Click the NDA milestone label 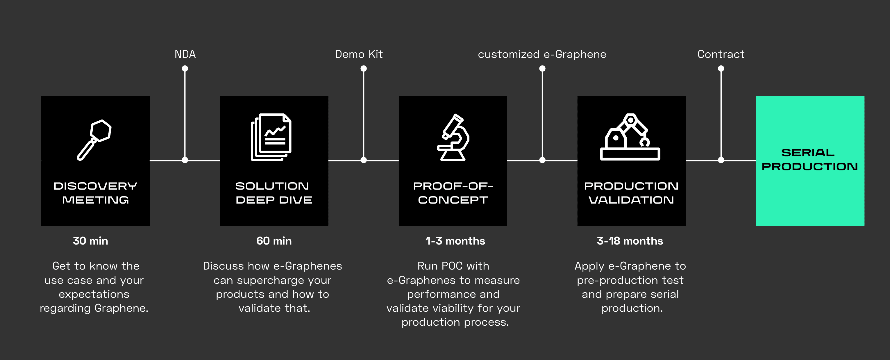[185, 54]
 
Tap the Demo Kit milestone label [359, 54]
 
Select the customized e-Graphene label [542, 54]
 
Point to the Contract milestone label [721, 54]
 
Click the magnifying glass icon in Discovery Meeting [94, 140]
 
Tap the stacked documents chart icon [271, 137]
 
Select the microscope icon [453, 138]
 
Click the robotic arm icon [630, 137]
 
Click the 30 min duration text [90, 241]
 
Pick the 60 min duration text [274, 241]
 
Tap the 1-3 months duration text [455, 241]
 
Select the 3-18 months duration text [630, 241]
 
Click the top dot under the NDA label [185, 68]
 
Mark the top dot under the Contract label [721, 68]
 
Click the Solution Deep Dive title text [274, 193]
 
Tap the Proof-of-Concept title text [453, 193]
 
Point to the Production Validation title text [631, 193]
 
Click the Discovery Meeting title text [95, 193]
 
